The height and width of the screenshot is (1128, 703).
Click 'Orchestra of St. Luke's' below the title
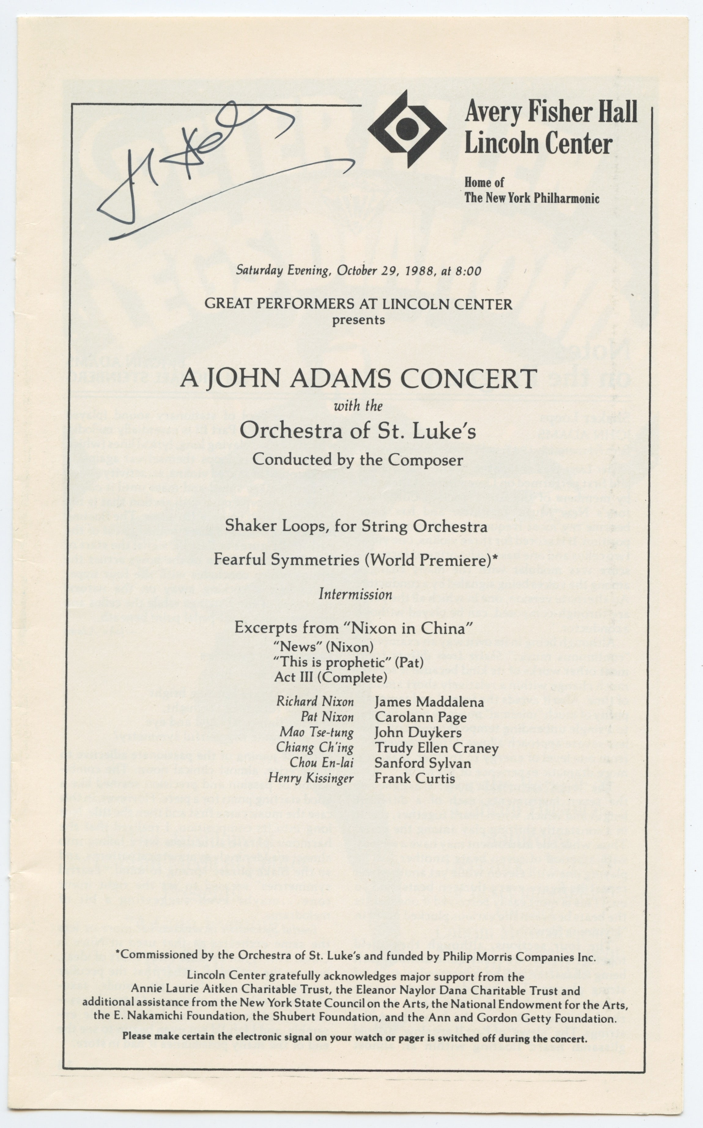tap(357, 431)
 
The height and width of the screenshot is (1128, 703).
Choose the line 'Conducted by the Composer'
tap(357, 460)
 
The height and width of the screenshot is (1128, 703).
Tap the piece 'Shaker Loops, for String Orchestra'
tap(356, 526)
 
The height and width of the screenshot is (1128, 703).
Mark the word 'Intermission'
tap(355, 594)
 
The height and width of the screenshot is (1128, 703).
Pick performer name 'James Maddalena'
tap(429, 701)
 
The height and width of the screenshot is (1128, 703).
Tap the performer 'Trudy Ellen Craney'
tap(436, 748)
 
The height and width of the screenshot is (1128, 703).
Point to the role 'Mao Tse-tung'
tap(316, 732)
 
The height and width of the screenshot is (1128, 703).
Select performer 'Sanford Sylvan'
tap(422, 763)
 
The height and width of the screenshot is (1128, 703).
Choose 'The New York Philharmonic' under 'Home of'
tap(531, 198)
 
